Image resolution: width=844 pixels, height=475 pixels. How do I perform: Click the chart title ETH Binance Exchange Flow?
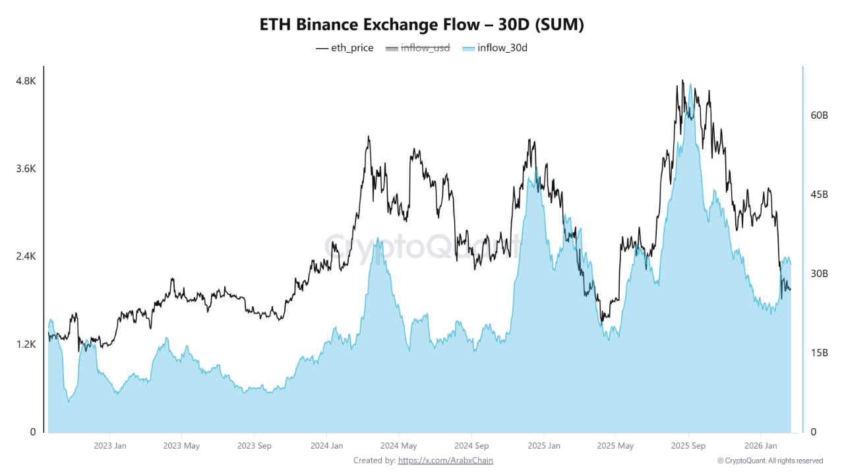coord(422,24)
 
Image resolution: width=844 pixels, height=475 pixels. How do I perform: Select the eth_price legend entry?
coord(345,47)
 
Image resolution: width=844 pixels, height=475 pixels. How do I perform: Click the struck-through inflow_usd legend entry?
coord(417,47)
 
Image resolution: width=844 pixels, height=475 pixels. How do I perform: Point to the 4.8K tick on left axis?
coord(26,80)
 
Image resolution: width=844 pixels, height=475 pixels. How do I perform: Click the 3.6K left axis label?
coord(26,168)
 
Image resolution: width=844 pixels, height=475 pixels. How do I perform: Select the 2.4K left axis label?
coord(26,256)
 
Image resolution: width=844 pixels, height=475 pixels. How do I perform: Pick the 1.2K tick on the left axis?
coord(26,344)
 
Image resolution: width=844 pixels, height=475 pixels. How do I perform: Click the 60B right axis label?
coord(819,115)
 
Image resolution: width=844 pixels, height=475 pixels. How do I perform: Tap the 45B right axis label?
coord(819,194)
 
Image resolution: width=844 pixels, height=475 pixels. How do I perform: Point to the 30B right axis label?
coord(819,273)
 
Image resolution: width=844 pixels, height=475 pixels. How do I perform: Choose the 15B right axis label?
coord(819,352)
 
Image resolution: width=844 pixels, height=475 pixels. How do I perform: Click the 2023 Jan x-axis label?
coord(110,446)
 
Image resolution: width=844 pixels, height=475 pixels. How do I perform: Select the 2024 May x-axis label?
coord(399,446)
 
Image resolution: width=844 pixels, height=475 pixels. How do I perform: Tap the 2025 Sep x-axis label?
coord(688,446)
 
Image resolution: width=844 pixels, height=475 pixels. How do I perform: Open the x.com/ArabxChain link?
coord(445,460)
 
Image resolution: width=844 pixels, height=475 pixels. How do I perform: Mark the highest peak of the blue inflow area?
coord(690,85)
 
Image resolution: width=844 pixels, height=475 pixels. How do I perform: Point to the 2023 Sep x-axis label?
coord(254,446)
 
